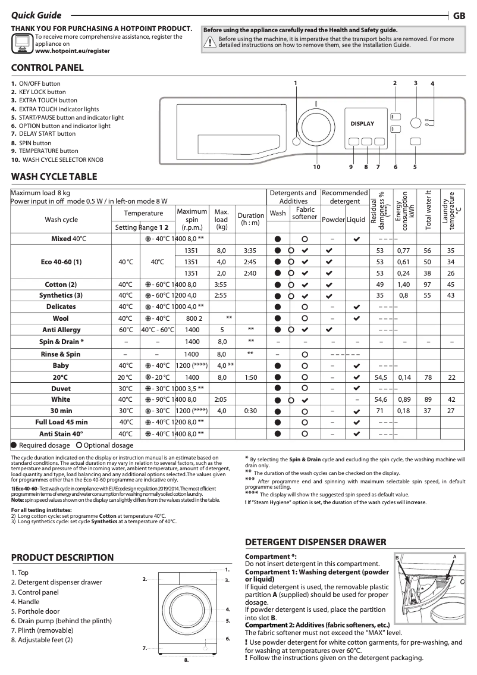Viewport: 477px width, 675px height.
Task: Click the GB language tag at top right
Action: [459, 17]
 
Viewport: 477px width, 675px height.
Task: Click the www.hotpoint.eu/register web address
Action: [73, 51]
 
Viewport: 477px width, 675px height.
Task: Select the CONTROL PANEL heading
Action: [48, 68]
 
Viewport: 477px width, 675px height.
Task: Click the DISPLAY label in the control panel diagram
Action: [362, 124]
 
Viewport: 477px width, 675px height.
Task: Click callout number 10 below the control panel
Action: [316, 167]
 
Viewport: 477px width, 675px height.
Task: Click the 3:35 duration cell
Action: [250, 251]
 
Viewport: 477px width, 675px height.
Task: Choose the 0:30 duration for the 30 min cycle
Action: [250, 411]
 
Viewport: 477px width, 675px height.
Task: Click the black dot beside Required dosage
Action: [14, 445]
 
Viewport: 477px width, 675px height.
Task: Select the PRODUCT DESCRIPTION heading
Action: [62, 558]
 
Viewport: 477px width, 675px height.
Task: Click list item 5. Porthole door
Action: [39, 611]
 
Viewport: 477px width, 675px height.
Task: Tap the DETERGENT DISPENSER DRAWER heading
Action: [316, 542]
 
